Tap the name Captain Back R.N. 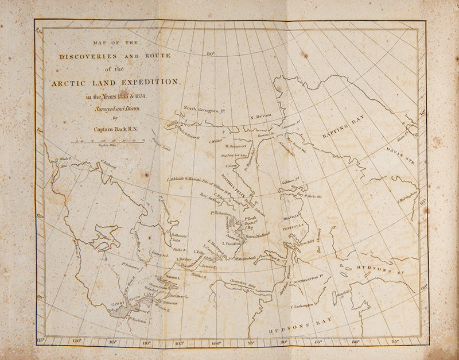pos(115,130)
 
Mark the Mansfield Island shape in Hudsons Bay pos(334,297)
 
